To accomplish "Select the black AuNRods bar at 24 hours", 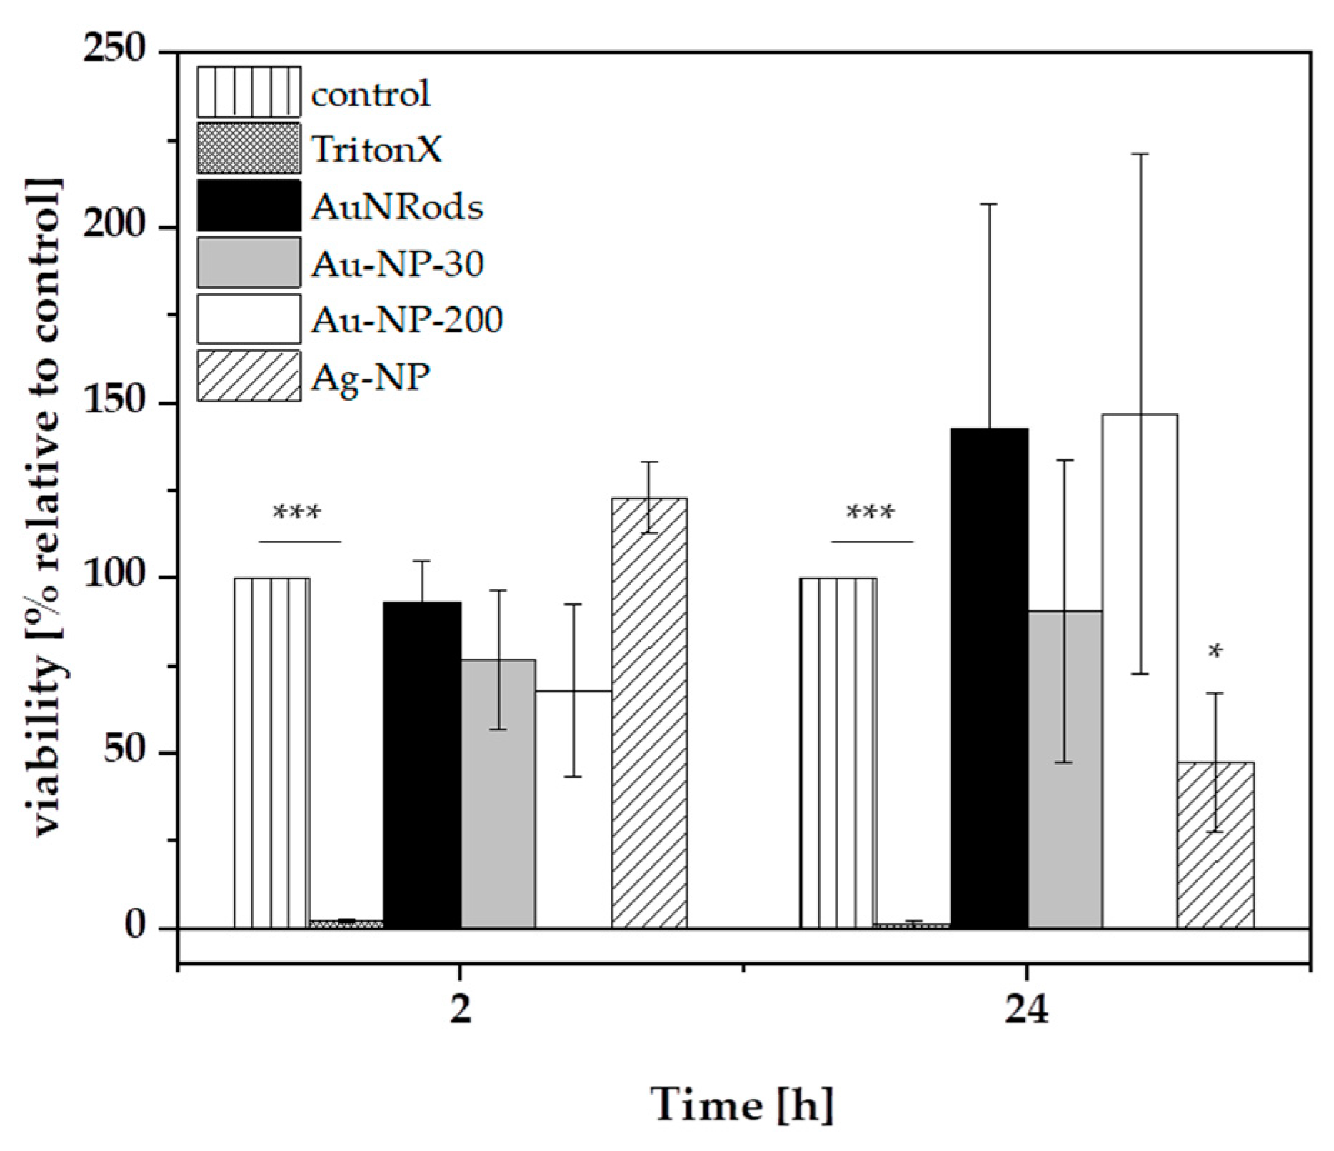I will [989, 678].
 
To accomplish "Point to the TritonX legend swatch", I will [249, 149].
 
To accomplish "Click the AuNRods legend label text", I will [397, 207].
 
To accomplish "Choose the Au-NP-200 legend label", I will [407, 320].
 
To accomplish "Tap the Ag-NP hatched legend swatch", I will [249, 376].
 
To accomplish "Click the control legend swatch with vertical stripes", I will [249, 92].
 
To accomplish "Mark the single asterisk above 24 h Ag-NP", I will [1215, 651].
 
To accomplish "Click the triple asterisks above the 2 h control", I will [297, 513].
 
